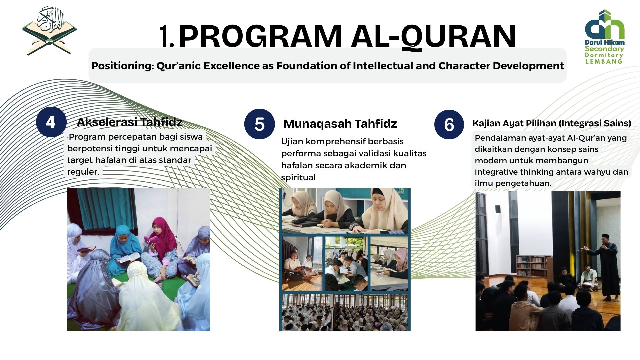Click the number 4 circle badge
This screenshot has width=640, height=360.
(51, 122)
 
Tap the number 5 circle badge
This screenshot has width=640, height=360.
(259, 124)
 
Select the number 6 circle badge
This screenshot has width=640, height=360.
(449, 124)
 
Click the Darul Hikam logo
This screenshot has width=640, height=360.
(605, 37)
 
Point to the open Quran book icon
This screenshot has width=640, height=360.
(50, 31)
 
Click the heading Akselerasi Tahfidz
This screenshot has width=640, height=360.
(129, 122)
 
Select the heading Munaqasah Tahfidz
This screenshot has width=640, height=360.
(340, 124)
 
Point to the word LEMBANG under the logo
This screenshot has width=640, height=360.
(604, 61)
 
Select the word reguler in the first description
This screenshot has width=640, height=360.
(83, 172)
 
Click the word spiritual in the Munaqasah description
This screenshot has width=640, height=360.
(298, 177)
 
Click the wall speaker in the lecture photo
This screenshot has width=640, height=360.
(498, 209)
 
